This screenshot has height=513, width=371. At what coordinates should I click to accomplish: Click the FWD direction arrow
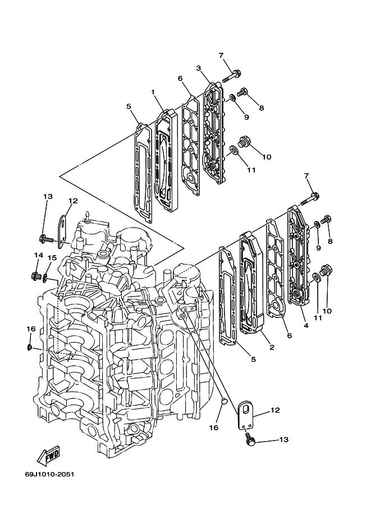click(x=48, y=456)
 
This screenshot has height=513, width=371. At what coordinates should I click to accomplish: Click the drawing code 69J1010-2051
click(x=49, y=474)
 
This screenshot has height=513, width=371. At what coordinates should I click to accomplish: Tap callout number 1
click(x=153, y=92)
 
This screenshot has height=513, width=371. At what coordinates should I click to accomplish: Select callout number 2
click(x=272, y=347)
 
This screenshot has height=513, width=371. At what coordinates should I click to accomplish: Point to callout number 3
click(x=199, y=68)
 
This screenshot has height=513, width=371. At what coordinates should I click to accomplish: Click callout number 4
click(x=306, y=325)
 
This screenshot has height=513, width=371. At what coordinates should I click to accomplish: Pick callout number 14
click(x=39, y=255)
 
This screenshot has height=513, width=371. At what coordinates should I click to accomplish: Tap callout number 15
click(x=52, y=258)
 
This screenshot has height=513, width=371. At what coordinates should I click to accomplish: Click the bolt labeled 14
click(x=36, y=277)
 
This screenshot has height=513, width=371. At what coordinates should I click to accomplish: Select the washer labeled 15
click(x=45, y=278)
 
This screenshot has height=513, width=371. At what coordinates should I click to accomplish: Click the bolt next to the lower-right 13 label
click(x=250, y=439)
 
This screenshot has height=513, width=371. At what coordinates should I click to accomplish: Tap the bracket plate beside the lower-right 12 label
click(x=245, y=415)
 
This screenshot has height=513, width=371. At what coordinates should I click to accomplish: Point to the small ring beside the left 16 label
click(x=29, y=347)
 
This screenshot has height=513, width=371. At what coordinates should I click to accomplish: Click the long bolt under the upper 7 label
click(x=232, y=76)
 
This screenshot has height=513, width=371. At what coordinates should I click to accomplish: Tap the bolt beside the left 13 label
click(x=45, y=239)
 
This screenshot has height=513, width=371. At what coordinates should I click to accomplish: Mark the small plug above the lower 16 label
click(x=223, y=400)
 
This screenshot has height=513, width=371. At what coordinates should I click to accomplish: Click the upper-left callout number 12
click(x=73, y=201)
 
